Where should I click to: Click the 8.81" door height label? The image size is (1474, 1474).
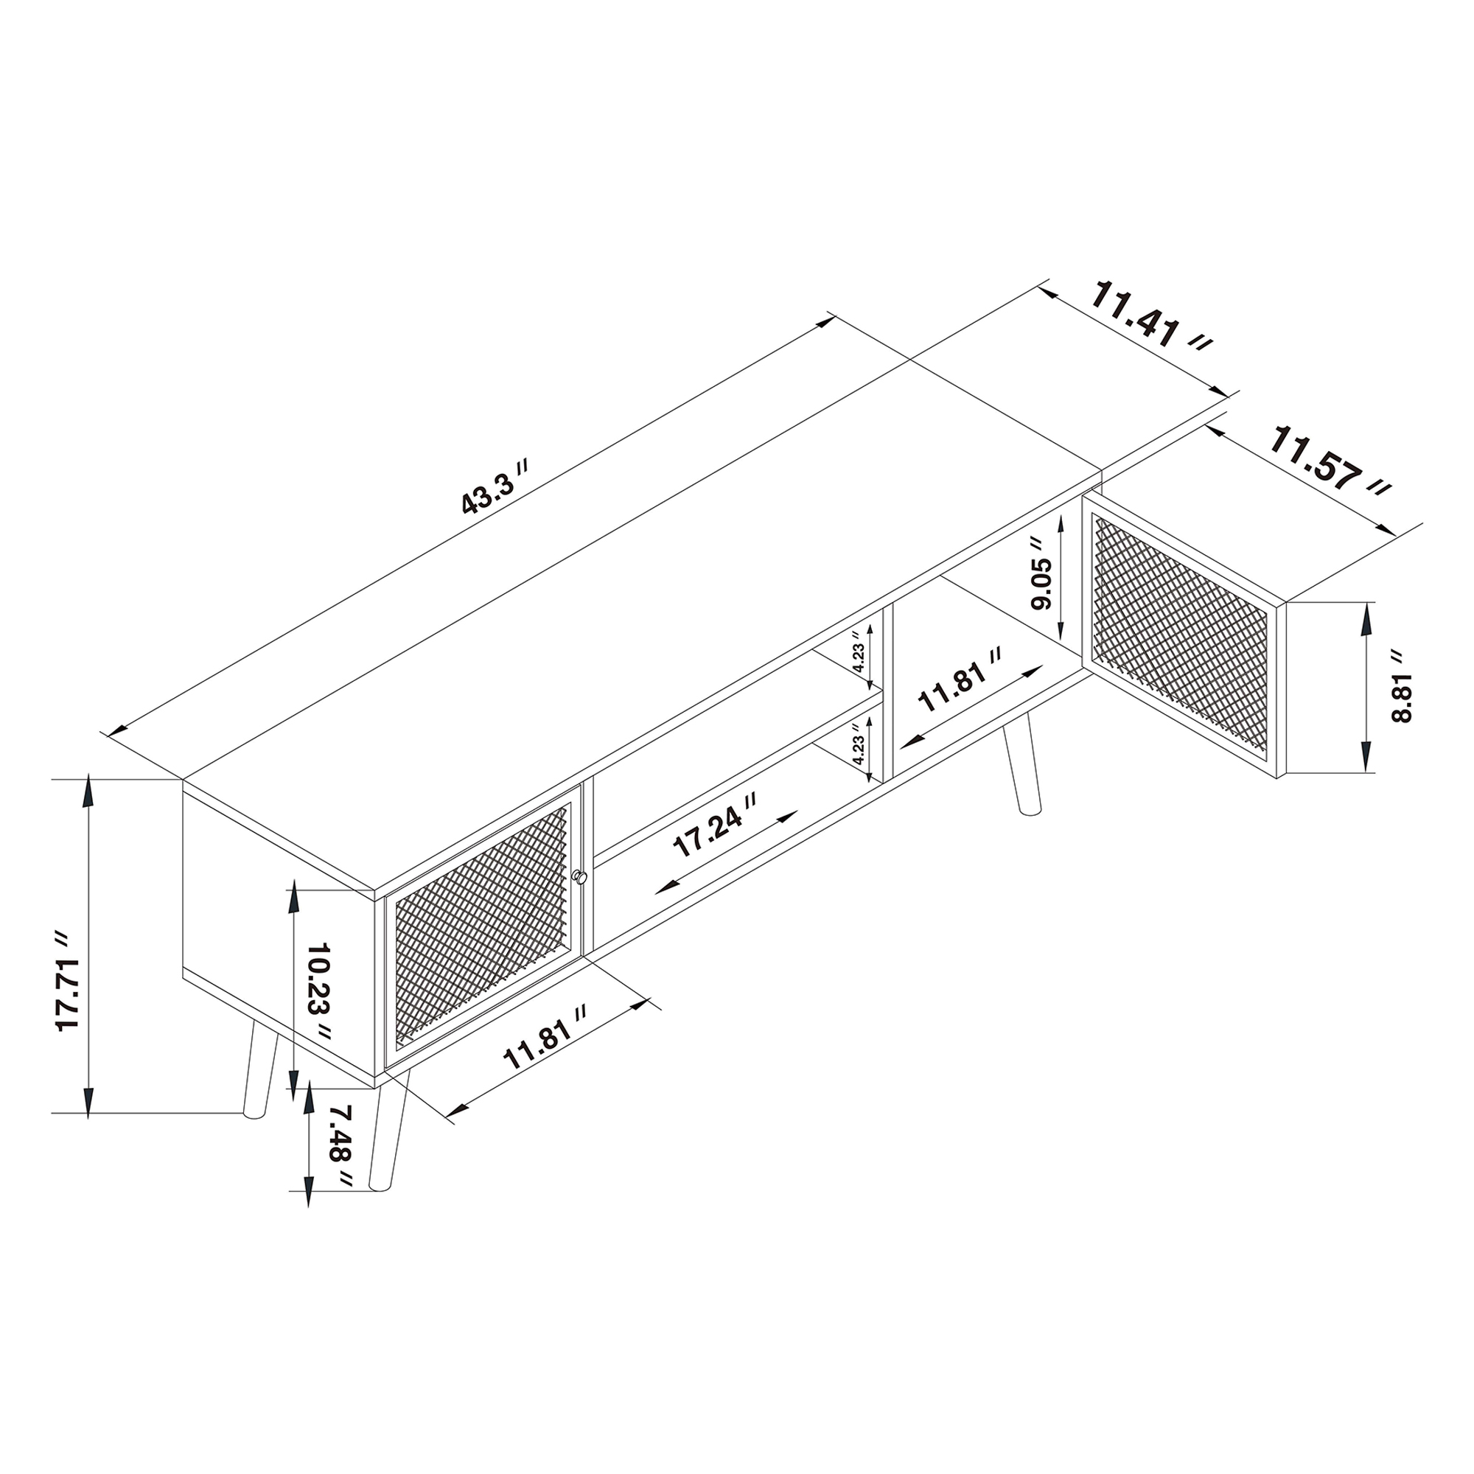coord(1401,687)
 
